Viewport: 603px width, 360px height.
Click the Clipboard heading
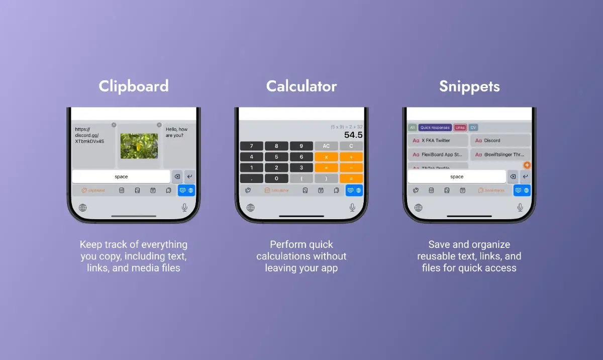pos(134,86)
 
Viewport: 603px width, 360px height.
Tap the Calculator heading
pos(301,86)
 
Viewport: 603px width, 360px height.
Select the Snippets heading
pos(469,86)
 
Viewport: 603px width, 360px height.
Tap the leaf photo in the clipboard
pos(139,146)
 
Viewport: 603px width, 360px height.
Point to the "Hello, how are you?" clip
pos(177,132)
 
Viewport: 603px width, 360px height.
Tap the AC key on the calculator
pos(326,146)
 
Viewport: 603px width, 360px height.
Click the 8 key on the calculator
pos(276,146)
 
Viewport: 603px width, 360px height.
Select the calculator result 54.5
pos(353,135)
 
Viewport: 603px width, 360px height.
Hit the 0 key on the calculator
pos(276,178)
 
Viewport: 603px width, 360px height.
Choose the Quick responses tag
pos(435,128)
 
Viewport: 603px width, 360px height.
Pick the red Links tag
pos(460,128)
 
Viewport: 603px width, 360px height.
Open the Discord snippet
pos(500,140)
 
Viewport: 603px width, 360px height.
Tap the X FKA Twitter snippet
pos(438,140)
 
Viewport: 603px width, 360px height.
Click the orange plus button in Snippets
pos(527,165)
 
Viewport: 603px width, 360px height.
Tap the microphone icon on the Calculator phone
pos(352,207)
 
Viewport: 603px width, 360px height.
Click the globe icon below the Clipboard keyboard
pos(83,207)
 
